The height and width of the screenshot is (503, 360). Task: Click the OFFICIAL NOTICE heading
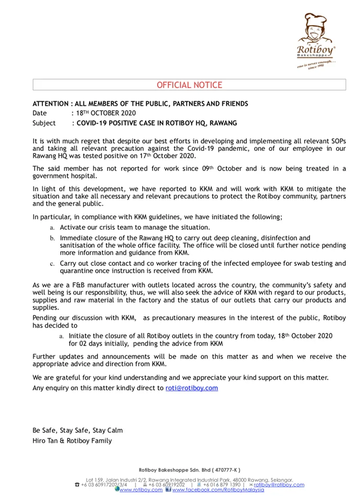click(x=189, y=85)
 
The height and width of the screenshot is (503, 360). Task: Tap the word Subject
click(x=44, y=123)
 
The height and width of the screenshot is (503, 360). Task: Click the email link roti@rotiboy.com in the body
click(x=191, y=388)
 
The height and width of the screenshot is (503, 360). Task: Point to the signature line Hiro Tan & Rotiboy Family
click(x=72, y=441)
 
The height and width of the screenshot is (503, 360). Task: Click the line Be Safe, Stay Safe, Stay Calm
click(x=78, y=430)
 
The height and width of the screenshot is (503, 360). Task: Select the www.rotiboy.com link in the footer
click(x=140, y=490)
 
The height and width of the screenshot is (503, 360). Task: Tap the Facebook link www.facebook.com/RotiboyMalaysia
click(x=217, y=490)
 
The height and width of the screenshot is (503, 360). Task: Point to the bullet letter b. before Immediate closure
click(x=52, y=238)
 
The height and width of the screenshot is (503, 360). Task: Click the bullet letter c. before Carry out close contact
click(x=52, y=264)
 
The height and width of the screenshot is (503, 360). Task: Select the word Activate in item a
click(x=72, y=227)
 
